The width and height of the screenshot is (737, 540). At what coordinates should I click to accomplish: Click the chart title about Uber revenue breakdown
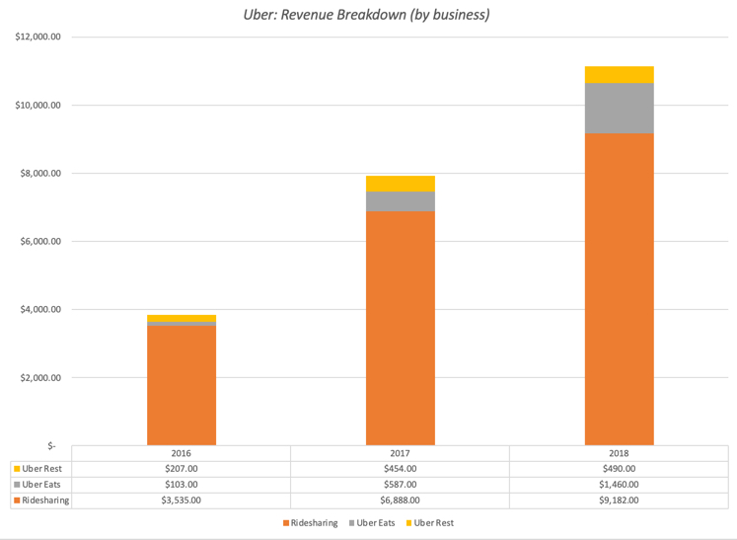(x=367, y=15)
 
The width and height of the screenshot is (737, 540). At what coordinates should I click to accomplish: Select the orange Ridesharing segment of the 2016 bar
(x=182, y=385)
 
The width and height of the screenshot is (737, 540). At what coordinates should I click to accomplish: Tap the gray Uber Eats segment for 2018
(x=619, y=109)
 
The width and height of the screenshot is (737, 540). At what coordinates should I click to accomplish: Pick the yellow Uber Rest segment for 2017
(x=400, y=184)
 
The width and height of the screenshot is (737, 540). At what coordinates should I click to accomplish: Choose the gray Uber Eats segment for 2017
(x=400, y=200)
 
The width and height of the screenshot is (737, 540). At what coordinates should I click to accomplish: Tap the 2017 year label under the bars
(x=400, y=453)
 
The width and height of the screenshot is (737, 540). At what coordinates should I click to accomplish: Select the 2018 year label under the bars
(x=619, y=453)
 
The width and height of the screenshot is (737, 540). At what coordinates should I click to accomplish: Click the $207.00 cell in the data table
(x=182, y=469)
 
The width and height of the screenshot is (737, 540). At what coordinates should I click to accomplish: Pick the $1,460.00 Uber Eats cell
(x=619, y=485)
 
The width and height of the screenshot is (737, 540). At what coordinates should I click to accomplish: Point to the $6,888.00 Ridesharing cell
(x=400, y=501)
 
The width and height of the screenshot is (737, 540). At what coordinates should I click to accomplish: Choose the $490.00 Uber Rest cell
(x=619, y=469)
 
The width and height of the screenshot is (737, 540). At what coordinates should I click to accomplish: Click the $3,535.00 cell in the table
(x=182, y=501)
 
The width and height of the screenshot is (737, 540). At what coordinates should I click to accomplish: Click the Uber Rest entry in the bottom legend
(x=430, y=522)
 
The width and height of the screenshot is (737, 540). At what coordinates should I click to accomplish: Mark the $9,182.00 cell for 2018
(x=619, y=501)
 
